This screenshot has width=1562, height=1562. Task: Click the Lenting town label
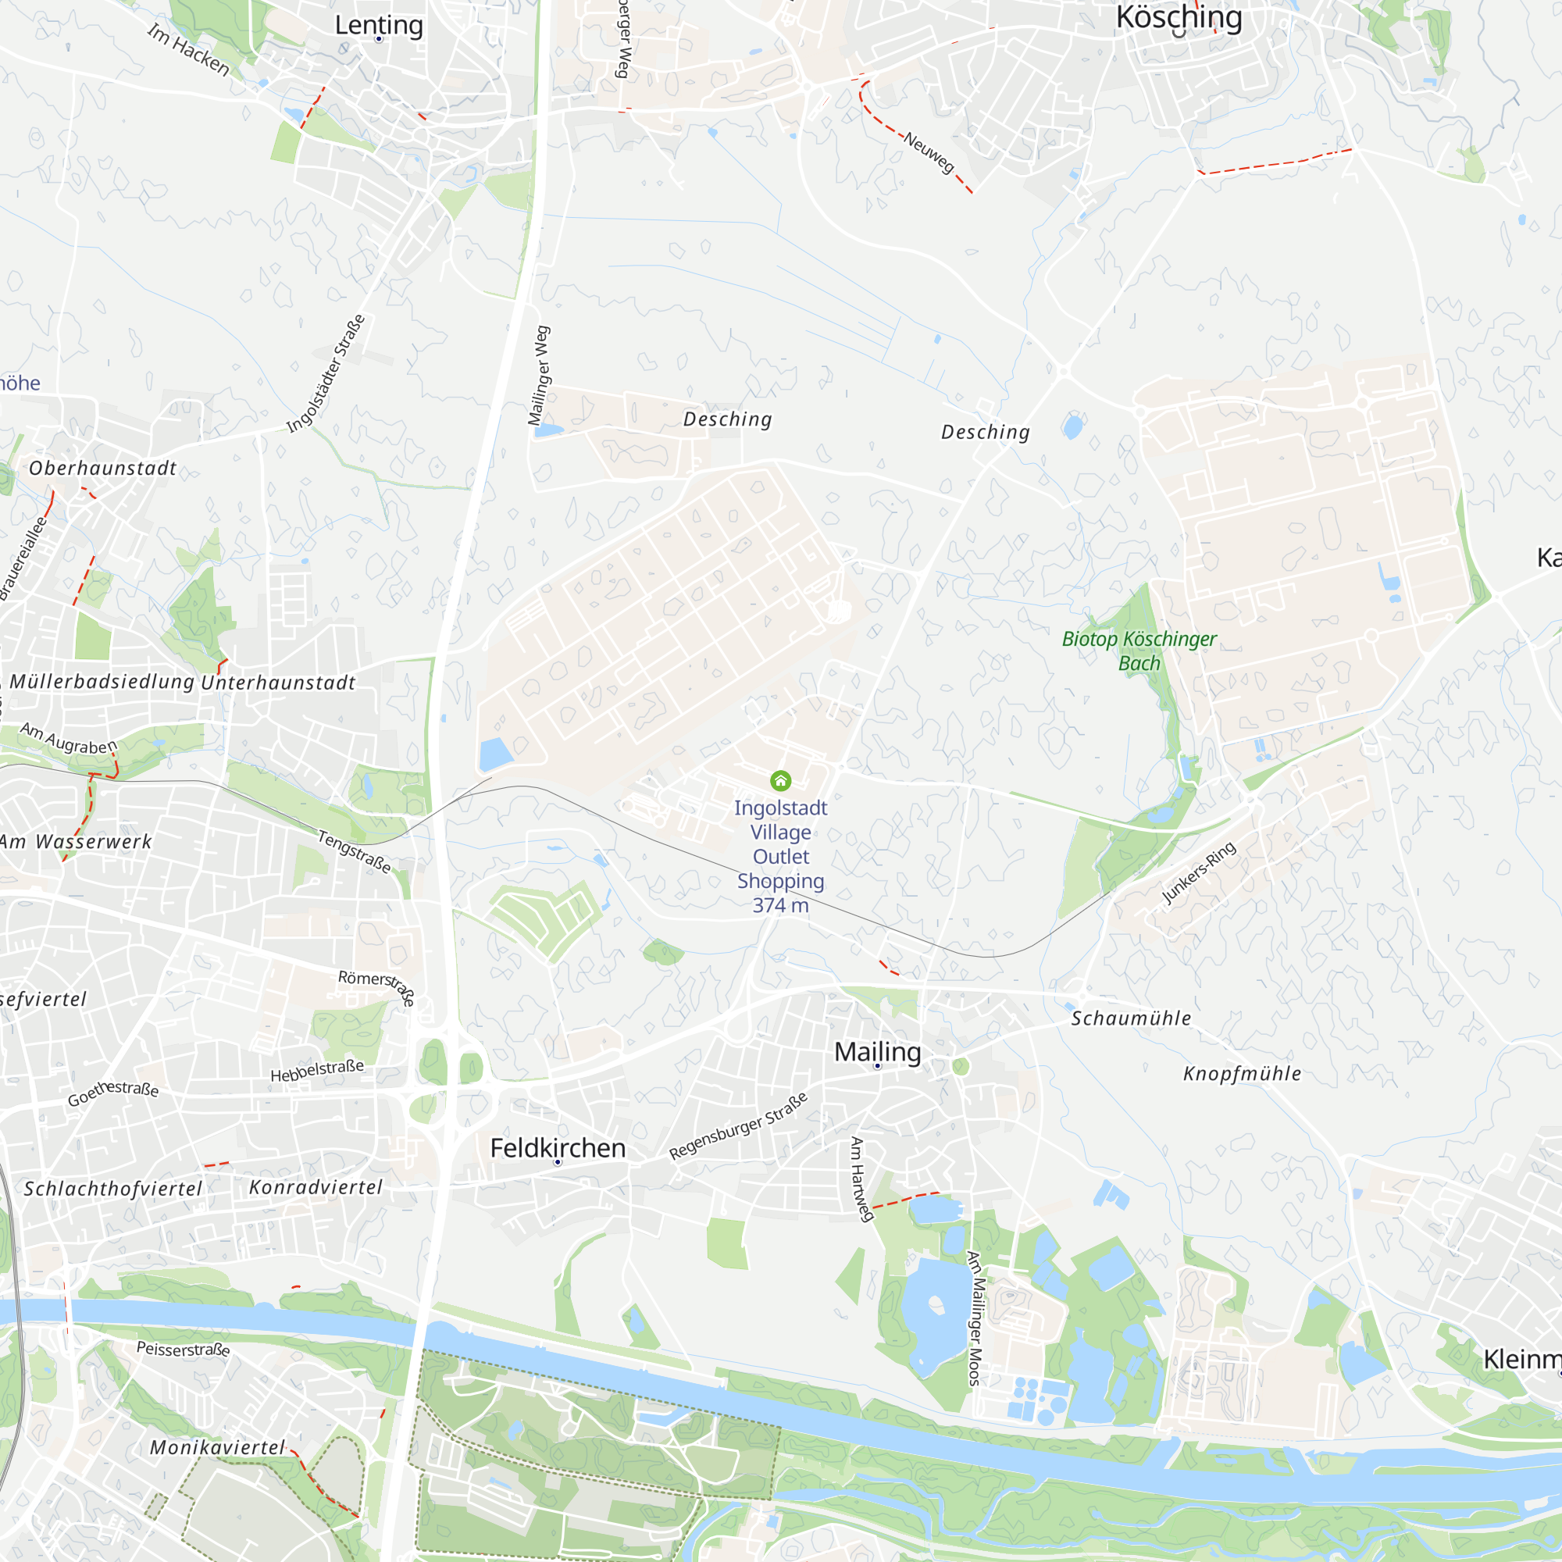point(378,25)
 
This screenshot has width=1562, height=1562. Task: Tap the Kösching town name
point(1178,17)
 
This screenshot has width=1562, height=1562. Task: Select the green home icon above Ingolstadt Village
point(780,780)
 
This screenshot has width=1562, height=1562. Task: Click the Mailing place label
point(877,1052)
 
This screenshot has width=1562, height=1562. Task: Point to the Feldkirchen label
point(558,1148)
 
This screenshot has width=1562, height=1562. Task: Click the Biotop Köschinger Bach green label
point(1139,650)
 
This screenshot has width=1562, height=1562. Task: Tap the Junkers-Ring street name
point(1198,872)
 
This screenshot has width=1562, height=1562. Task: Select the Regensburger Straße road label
point(738,1126)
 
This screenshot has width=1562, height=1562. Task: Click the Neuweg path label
point(929,152)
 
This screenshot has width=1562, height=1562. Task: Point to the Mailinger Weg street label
point(538,375)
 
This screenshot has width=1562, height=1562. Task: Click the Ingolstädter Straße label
point(326,373)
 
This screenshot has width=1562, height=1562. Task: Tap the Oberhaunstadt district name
point(102,468)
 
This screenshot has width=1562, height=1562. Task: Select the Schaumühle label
point(1130,1018)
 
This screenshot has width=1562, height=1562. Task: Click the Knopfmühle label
point(1242,1074)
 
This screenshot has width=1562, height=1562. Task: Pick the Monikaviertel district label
point(217,1447)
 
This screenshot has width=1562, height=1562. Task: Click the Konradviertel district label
point(316,1187)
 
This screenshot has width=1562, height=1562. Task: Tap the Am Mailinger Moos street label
point(975,1318)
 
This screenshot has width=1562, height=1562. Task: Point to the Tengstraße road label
point(354,852)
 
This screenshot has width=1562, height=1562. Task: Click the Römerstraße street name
point(376,986)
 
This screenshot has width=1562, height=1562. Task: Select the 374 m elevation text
point(780,905)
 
